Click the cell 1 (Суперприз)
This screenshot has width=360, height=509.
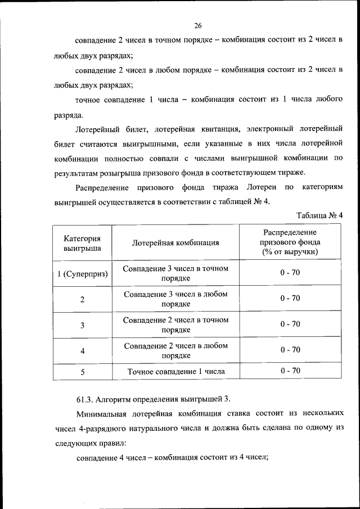[82, 273]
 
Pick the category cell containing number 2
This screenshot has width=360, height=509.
[82, 299]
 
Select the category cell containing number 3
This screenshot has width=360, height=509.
[82, 325]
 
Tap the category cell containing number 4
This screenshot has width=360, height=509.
[82, 351]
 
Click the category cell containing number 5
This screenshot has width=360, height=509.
[82, 371]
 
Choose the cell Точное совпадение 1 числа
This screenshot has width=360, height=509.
[175, 371]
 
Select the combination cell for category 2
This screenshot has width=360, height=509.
[175, 299]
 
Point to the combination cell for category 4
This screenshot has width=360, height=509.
[175, 351]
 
